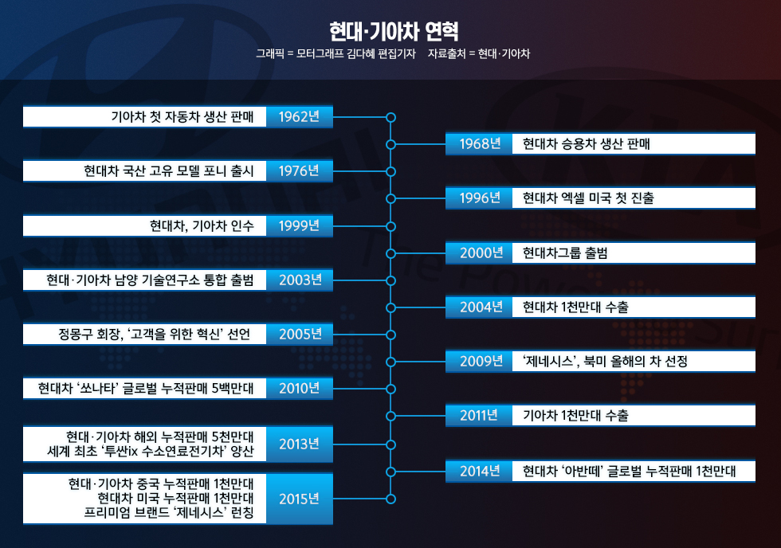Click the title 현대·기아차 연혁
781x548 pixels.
coord(394,31)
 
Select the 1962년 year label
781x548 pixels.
coord(299,117)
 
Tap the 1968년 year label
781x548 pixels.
coord(479,144)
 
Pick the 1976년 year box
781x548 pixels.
coord(299,171)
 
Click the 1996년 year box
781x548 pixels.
coord(479,198)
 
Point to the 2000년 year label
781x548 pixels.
coord(479,253)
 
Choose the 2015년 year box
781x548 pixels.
coord(299,499)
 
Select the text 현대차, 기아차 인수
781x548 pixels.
coord(202,226)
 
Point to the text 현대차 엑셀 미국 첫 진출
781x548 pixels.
coord(588,198)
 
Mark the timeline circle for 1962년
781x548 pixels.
coord(390,117)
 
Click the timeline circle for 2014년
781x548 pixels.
coord(390,472)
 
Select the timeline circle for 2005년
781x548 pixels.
coord(390,335)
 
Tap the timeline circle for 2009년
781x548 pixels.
coord(390,362)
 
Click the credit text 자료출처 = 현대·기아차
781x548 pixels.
coord(478,54)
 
